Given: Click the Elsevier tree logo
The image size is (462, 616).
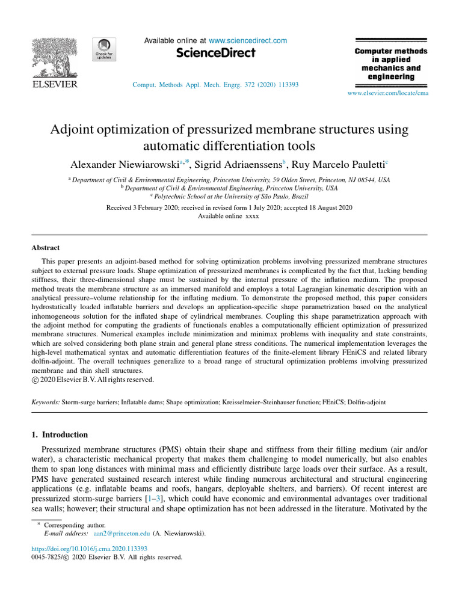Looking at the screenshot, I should (54, 57).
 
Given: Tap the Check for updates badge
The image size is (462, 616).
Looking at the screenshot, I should (103, 49).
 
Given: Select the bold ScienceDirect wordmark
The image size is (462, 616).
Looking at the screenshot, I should (216, 54).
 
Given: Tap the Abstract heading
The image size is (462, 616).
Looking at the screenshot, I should (46, 247).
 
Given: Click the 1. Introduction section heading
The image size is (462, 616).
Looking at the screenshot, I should (59, 434).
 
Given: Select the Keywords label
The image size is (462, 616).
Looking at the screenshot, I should (45, 401).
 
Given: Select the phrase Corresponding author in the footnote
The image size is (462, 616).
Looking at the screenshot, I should (79, 525).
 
